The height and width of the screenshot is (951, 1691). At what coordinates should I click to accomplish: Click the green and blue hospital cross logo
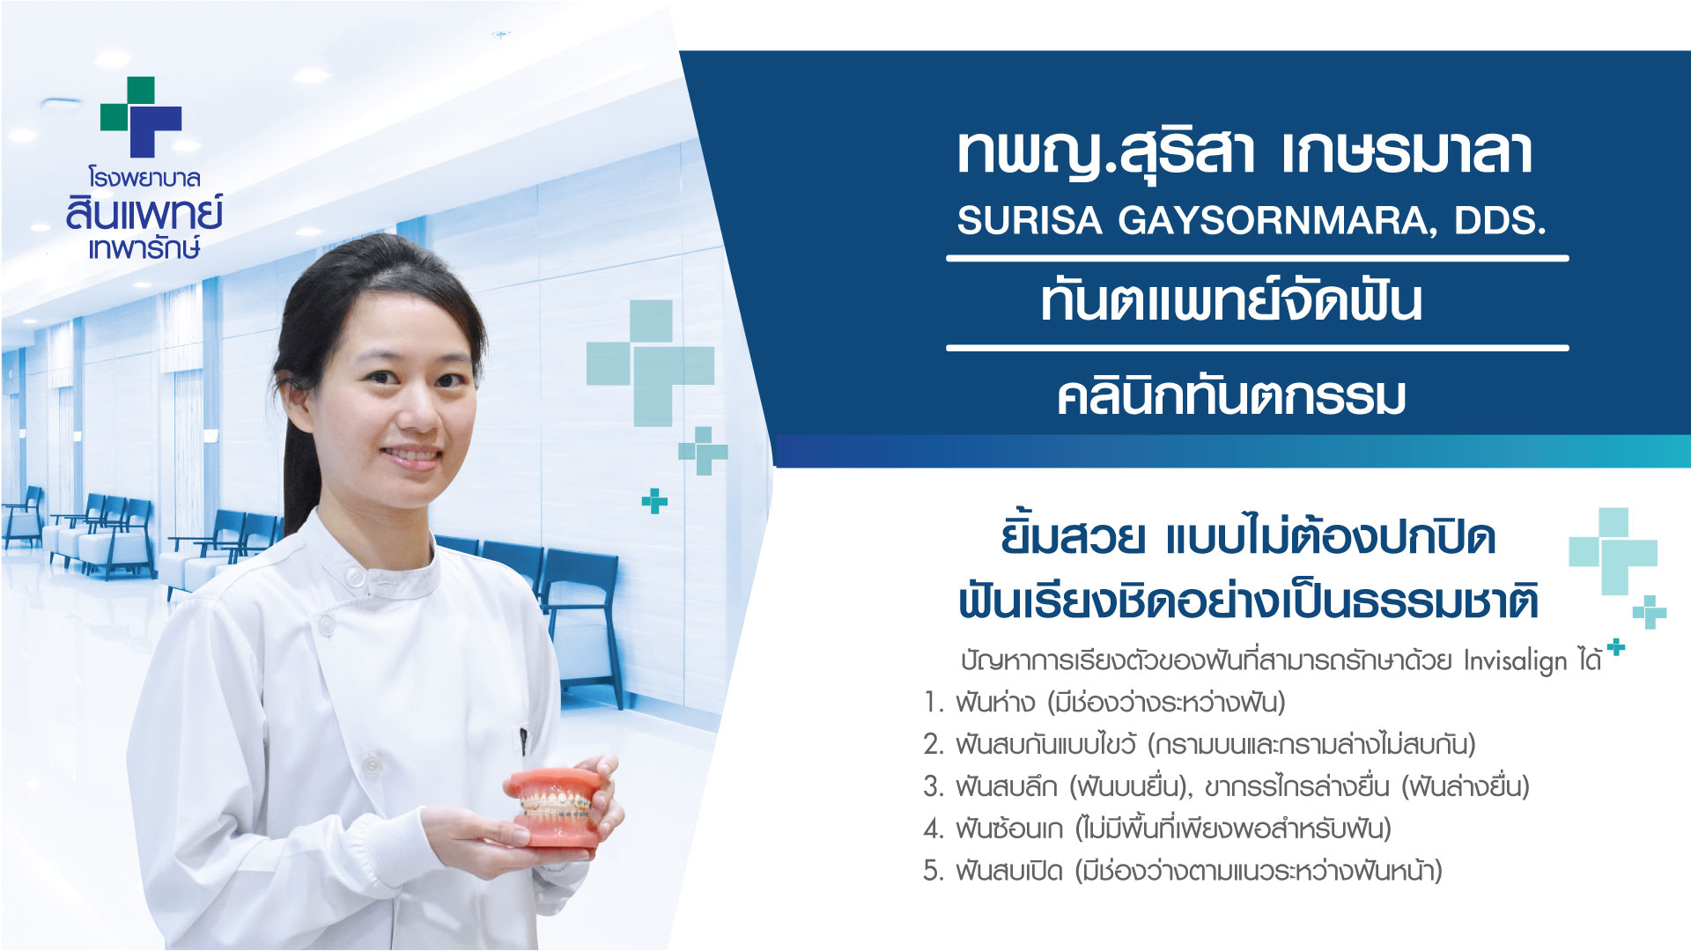(141, 116)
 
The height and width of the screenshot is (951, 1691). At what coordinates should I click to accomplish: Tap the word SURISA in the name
(1030, 220)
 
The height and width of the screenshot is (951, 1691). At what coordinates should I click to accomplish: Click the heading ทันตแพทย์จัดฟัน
(1231, 300)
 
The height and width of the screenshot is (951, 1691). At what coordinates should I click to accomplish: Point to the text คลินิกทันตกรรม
(1231, 396)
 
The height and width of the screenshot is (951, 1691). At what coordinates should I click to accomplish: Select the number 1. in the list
(934, 703)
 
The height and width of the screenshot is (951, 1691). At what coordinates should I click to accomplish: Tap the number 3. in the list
(934, 786)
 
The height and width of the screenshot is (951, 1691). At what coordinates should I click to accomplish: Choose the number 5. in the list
(934, 871)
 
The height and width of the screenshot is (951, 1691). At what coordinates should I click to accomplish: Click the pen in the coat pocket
(524, 741)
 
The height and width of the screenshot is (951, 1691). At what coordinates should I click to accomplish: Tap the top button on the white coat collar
(356, 578)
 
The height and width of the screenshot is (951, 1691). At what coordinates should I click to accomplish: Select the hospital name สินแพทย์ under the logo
(144, 214)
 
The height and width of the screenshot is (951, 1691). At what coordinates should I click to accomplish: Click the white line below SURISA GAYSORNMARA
(1258, 258)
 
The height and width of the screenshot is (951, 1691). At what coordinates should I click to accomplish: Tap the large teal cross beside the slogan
(1613, 551)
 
